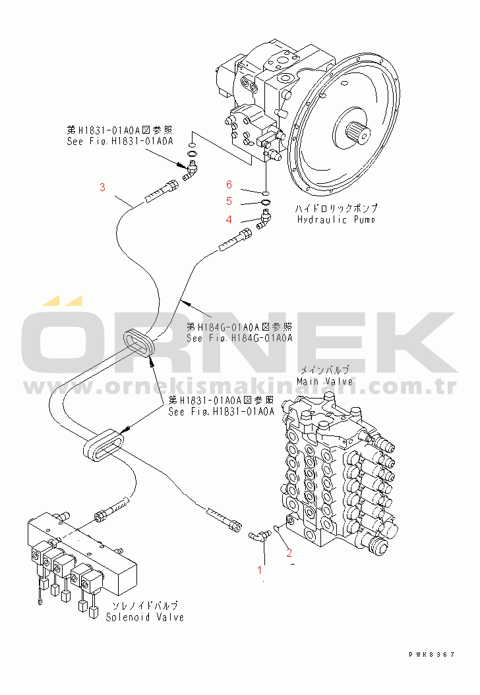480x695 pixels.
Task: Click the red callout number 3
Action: click(x=102, y=187)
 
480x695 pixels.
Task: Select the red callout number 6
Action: click(x=229, y=184)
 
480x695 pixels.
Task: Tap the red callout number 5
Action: click(x=229, y=201)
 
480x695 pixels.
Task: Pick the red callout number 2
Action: click(x=289, y=553)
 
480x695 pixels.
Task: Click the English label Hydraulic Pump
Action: click(x=336, y=219)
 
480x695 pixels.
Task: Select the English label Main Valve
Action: click(x=324, y=381)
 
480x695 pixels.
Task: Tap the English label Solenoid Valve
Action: click(x=145, y=617)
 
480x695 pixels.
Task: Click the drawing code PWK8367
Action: click(x=431, y=654)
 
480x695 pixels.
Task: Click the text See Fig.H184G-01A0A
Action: click(x=239, y=339)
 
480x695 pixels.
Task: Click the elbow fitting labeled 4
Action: click(x=264, y=218)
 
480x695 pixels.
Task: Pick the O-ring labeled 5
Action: click(x=265, y=202)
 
